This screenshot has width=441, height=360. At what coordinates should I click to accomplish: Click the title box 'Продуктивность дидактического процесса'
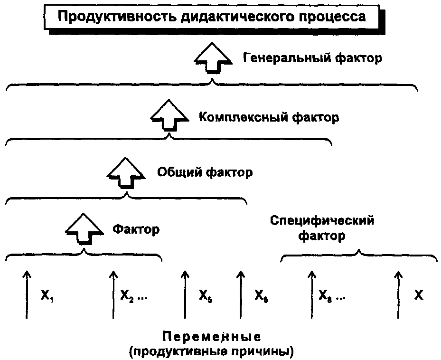tap(212, 18)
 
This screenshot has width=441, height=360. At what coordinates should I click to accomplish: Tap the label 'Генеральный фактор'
tap(312, 58)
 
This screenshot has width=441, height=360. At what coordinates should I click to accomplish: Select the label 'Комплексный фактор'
tap(269, 117)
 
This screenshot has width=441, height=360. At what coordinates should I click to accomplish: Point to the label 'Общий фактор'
tap(205, 172)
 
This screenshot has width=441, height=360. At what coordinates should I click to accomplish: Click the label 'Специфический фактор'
tap(322, 228)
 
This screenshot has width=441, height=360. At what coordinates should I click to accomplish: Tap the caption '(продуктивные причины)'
tap(211, 352)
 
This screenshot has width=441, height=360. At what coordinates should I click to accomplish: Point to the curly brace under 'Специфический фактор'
tap(359, 256)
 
